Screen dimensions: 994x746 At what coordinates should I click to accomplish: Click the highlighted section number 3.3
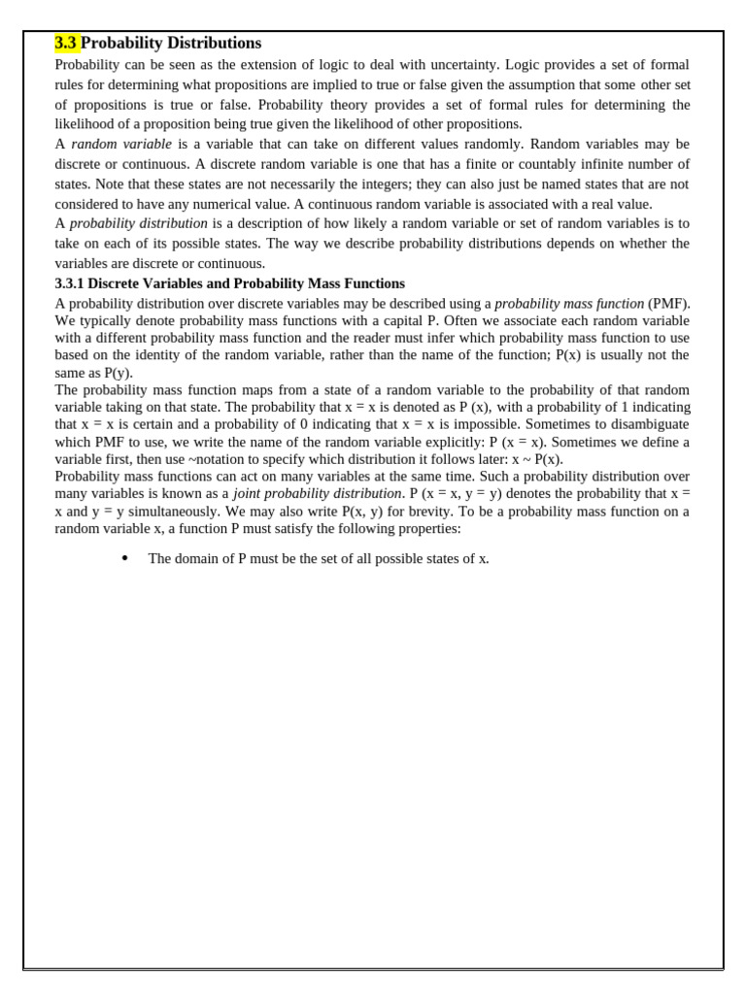66,43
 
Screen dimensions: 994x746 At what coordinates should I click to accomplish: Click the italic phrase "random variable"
120,144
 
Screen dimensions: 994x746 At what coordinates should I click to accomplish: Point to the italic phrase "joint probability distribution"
317,493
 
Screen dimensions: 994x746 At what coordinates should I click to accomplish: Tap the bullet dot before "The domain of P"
125,558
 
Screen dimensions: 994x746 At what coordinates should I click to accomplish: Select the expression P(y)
116,372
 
